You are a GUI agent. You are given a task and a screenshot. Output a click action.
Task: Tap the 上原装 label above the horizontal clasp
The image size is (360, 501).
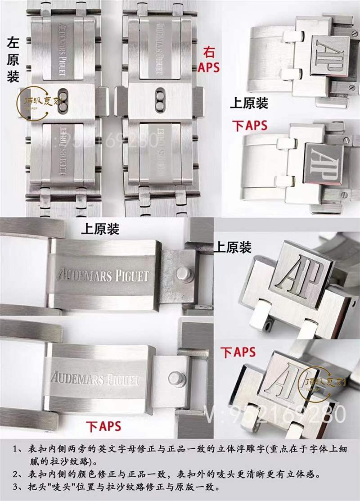pos(100,229)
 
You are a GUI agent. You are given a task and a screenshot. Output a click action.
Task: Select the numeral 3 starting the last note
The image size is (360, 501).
pos(15,487)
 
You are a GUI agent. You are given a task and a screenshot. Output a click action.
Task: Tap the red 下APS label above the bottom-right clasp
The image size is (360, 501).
pos(238,352)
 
